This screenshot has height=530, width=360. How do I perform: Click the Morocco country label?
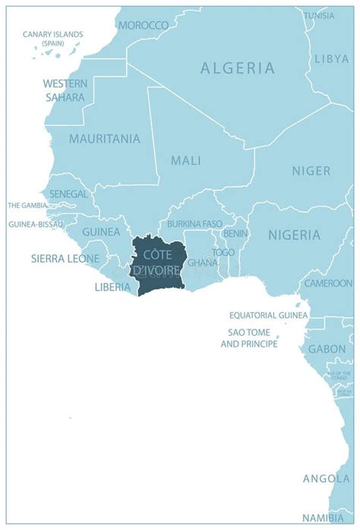[144, 25]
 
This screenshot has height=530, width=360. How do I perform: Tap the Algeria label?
[238, 68]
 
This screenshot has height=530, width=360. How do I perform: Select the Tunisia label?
[319, 15]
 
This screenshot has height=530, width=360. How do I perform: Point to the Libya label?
[332, 58]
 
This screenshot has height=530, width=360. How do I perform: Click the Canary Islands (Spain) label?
[53, 39]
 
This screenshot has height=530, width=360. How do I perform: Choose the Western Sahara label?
[64, 90]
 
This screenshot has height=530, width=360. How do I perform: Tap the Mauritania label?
[104, 139]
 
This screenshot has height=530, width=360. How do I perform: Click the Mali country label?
[186, 160]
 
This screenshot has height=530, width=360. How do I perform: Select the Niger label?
[311, 171]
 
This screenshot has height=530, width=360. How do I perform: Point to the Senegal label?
[69, 194]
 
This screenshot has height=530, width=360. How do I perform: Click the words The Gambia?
[27, 206]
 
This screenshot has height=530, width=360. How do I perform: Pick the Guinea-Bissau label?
[33, 225]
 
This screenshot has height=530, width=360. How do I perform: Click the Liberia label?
[112, 287]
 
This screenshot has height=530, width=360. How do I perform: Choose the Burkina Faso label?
[194, 224]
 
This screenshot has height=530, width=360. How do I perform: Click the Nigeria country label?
[294, 235]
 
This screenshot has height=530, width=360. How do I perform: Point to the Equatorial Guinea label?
[268, 315]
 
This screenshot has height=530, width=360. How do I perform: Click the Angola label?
[326, 478]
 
